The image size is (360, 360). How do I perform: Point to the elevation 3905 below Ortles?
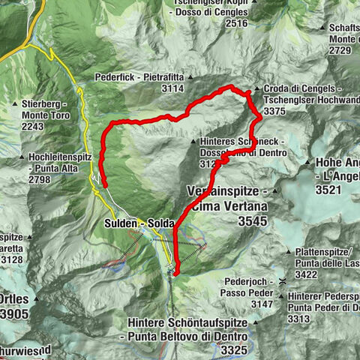coord(15,314)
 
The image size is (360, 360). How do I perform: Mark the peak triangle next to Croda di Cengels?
coord(257,88)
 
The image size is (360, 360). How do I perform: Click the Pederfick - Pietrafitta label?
coord(139,76)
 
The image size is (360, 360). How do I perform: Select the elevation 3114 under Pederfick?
coord(172,88)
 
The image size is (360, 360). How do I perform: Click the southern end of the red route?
coord(174,275)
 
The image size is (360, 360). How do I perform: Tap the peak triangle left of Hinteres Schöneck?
coord(195,140)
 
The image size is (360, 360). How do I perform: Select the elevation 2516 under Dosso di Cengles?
coord(232,23)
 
